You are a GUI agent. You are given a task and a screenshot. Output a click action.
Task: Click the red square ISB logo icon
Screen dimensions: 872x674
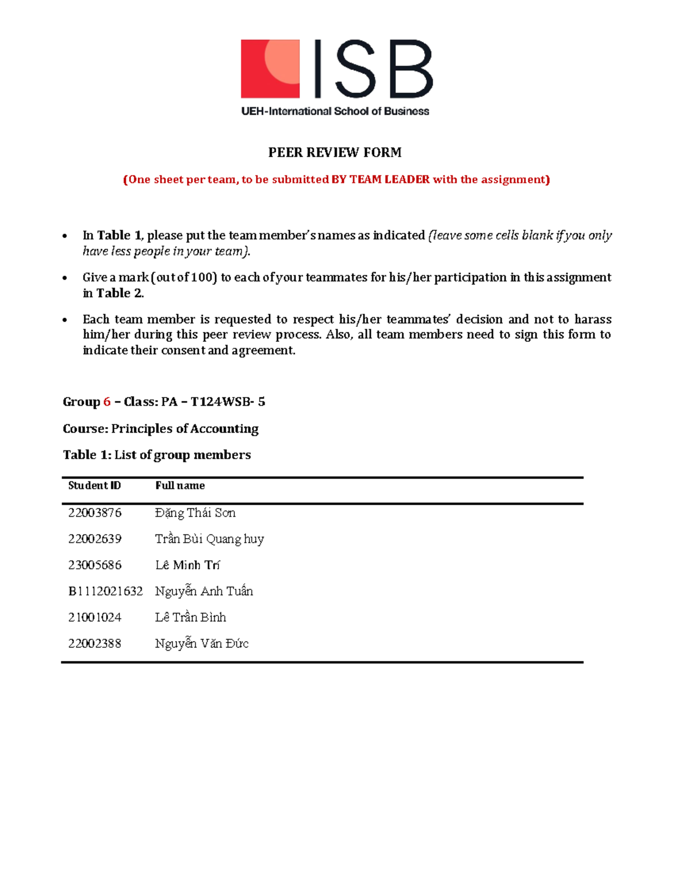[x=270, y=69]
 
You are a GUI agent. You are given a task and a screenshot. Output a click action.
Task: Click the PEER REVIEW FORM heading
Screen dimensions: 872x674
[x=335, y=153]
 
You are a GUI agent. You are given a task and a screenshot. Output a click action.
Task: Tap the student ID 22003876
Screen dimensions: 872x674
[x=95, y=513]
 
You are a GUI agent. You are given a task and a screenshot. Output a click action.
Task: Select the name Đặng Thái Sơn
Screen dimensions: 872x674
[x=195, y=513]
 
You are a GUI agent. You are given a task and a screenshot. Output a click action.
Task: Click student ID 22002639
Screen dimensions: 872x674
[x=95, y=539]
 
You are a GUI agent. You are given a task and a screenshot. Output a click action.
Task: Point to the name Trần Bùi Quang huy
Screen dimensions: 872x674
[x=209, y=539]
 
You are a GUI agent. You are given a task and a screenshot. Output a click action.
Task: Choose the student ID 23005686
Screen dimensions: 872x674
[x=95, y=565]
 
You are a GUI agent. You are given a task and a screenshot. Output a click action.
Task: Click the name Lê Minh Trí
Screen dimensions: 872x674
[x=187, y=565]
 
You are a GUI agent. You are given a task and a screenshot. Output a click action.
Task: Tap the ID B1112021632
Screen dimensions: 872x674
[x=106, y=591]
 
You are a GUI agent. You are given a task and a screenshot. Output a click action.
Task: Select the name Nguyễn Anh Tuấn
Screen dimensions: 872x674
[x=204, y=591]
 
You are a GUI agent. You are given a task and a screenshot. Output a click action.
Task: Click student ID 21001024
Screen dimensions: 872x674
[x=95, y=618]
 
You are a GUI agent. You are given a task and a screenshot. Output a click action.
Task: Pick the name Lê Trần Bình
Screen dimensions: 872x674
[x=190, y=618]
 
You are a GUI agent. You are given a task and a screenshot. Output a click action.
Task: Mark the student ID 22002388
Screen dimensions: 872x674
[x=95, y=643]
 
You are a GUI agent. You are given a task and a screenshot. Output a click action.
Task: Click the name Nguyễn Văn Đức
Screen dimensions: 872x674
[x=202, y=643]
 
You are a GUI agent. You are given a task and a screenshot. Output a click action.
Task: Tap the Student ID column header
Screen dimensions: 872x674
[x=94, y=486]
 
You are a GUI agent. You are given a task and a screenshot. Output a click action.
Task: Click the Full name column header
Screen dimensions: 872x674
[x=180, y=486]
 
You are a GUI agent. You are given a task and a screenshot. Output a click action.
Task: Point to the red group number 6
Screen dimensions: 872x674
[x=107, y=402]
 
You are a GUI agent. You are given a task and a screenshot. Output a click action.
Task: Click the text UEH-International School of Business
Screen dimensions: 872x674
[x=335, y=111]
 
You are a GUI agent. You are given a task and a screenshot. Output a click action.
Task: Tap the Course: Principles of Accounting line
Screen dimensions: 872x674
[x=161, y=429]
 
